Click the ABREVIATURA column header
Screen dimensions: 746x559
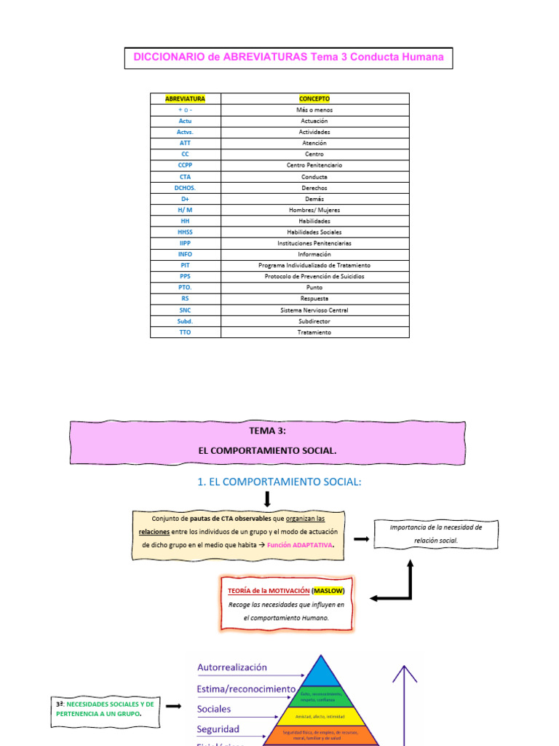pos(185,98)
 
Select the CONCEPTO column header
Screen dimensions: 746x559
pos(314,98)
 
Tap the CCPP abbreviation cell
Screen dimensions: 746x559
pos(185,165)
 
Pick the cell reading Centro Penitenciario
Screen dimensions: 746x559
pos(314,165)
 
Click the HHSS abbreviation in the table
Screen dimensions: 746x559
pos(185,232)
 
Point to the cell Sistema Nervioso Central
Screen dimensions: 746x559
pos(314,310)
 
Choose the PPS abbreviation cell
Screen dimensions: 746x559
pos(185,277)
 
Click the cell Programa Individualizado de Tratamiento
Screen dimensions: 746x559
pos(314,266)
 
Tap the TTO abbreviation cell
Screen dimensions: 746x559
pos(185,332)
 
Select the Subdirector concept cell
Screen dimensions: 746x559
pos(314,321)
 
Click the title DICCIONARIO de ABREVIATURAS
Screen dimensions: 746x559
pos(288,58)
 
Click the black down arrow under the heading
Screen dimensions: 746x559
pos(268,499)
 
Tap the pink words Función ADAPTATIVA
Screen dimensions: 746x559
pos(300,546)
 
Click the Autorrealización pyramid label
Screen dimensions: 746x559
pos(232,667)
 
